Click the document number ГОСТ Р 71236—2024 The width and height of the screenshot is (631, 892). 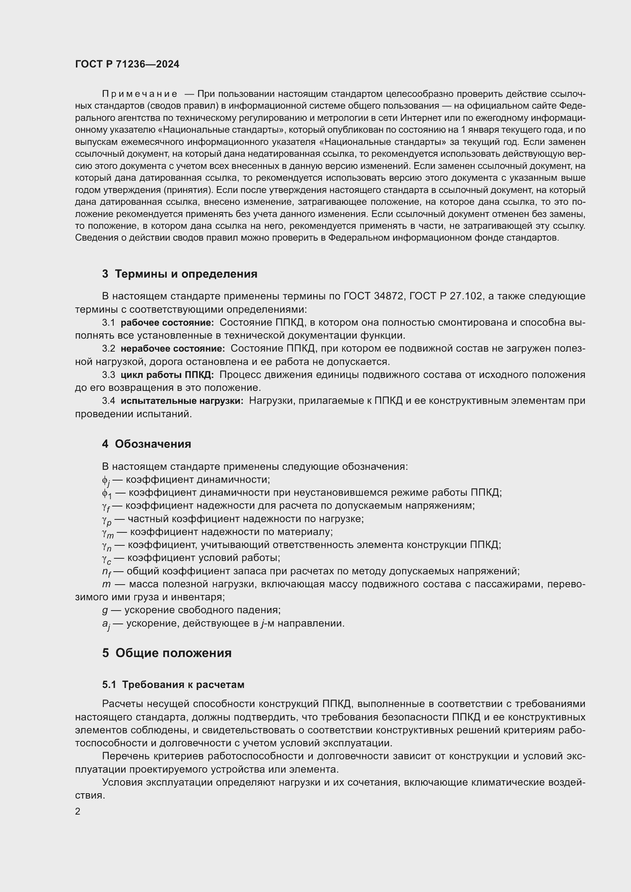pos(127,64)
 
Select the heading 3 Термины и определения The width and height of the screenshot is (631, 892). pos(180,274)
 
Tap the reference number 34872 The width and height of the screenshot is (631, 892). pos(388,296)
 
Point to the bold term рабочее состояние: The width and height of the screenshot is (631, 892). pos(167,323)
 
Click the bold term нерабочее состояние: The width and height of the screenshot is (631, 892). pos(172,349)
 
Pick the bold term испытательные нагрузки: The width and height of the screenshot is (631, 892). pos(182,401)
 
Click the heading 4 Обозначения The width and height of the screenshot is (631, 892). pos(146,444)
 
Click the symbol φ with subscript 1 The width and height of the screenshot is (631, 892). pos(106,494)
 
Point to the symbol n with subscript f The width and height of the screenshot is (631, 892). pos(106,572)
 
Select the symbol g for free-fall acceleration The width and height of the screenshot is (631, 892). pos(105,610)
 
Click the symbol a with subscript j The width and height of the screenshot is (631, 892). pos(106,624)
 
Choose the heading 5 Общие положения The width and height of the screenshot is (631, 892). pos(167,653)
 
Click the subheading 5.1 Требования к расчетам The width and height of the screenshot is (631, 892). pos(173,685)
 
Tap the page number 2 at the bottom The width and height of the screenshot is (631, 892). pos(78,811)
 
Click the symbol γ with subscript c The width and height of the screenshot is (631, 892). pos(106,559)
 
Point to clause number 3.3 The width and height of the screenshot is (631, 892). pos(108,375)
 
